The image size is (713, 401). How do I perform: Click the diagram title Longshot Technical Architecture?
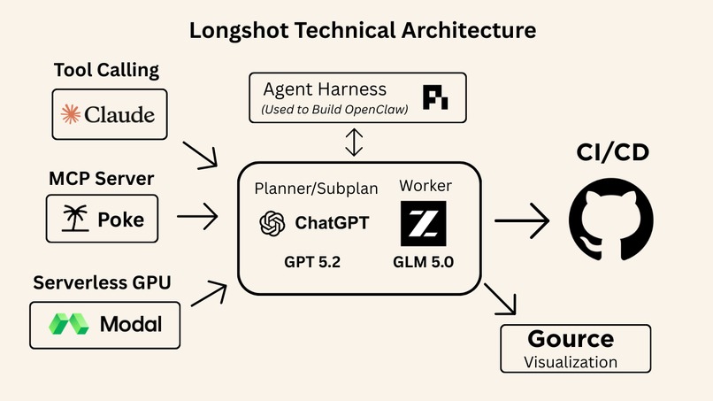tap(364, 31)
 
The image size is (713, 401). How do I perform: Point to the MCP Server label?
tap(101, 179)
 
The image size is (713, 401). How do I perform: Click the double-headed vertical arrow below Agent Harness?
tap(354, 142)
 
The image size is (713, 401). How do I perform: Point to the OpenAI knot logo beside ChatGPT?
tap(272, 223)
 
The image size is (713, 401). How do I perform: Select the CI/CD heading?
tap(610, 153)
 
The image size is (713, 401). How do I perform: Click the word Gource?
tap(571, 339)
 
